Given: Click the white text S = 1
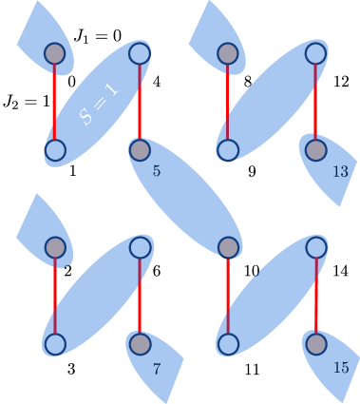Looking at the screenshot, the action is (100, 104).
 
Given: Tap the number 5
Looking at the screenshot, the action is (157, 171).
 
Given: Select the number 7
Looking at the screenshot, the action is (157, 369).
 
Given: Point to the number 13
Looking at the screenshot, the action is (340, 172).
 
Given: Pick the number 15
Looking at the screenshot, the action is (341, 368).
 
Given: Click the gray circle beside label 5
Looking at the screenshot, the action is (140, 149).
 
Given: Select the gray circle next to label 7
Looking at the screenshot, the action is (140, 343).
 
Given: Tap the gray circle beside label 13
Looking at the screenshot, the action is (316, 149).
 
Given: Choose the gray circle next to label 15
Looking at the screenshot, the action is (316, 343).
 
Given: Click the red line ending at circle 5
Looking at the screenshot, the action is (140, 102).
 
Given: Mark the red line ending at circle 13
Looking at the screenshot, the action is (316, 102).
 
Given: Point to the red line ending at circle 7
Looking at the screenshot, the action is (140, 296).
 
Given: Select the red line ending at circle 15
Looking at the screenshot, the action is (316, 296).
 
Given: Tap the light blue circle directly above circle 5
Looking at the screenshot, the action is (140, 54).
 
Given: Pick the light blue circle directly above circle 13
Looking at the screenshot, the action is (316, 54).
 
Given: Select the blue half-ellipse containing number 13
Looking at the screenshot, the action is (331, 171).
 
